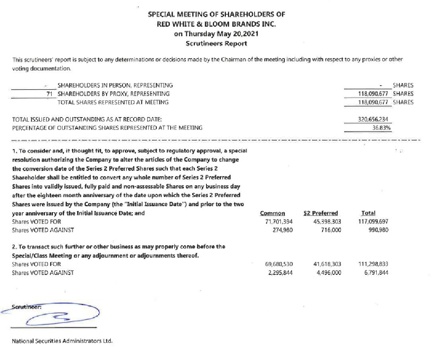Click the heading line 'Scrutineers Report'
[x=216, y=43]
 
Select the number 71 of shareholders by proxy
[x=50, y=94]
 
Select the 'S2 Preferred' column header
[x=320, y=213]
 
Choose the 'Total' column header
[x=368, y=213]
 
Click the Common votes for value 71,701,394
[x=279, y=221]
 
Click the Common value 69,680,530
[x=279, y=264]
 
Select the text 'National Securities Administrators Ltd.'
[x=62, y=341]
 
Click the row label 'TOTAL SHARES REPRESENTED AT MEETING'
[x=113, y=102]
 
